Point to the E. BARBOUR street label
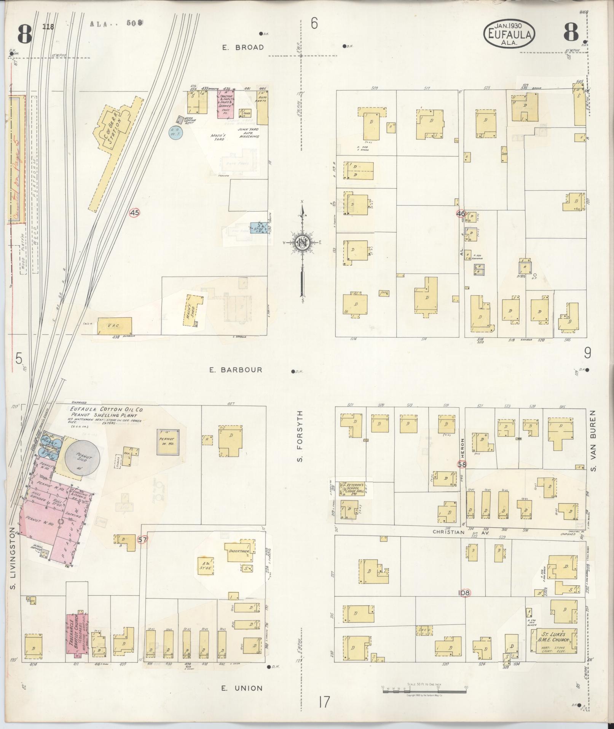236,370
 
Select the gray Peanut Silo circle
83,457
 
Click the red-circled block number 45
134,213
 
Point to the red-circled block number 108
464,593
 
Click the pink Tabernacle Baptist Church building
78,635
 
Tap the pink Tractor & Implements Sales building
225,104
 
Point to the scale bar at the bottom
424,689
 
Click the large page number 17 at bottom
324,702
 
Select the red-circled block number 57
142,540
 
